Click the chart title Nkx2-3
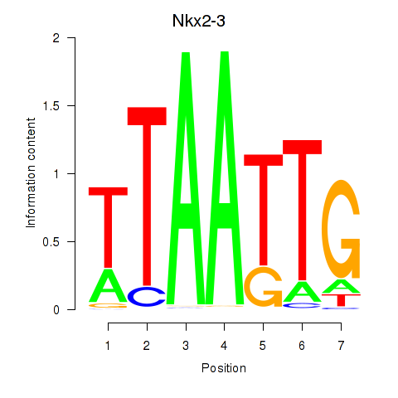click(x=199, y=21)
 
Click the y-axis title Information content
click(x=31, y=173)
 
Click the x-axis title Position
click(x=224, y=368)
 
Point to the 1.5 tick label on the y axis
click(x=51, y=106)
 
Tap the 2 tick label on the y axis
click(x=56, y=38)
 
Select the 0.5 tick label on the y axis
click(x=51, y=242)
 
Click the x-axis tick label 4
click(x=224, y=346)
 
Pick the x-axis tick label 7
click(x=341, y=346)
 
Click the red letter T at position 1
click(x=108, y=227)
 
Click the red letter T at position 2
click(x=147, y=197)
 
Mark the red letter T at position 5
click(x=264, y=210)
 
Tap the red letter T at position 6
click(x=303, y=210)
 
